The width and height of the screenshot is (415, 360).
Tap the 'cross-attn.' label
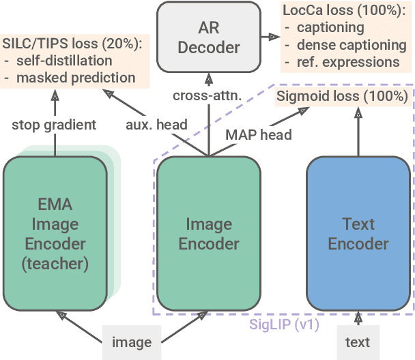(x=207, y=95)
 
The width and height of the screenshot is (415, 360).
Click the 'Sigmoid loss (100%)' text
(x=343, y=96)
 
